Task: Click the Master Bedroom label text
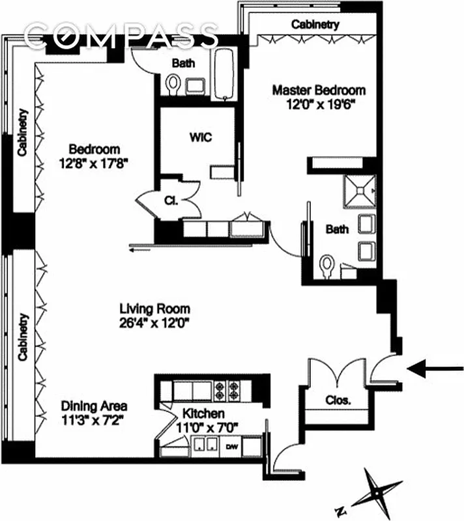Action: coord(318,90)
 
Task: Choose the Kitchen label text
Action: coord(203,414)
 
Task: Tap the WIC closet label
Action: coord(201,137)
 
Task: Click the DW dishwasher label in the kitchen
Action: coord(231,447)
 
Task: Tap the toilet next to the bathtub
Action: coord(173,84)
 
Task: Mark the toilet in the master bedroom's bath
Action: coord(328,266)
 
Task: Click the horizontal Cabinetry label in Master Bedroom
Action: coord(315,25)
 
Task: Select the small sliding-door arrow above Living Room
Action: coord(142,247)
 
